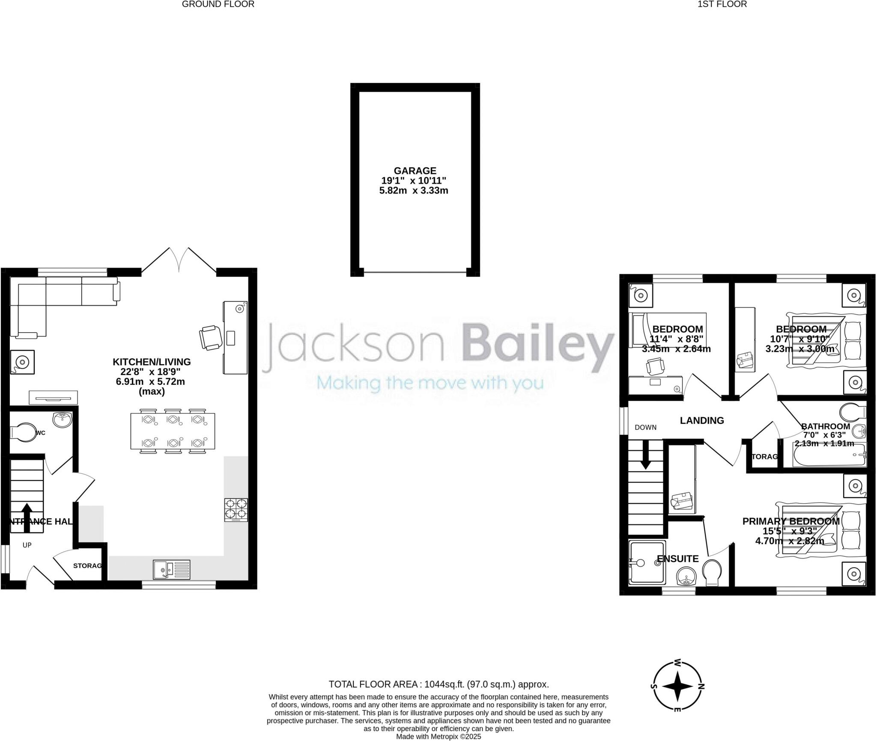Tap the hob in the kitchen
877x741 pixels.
tap(236, 509)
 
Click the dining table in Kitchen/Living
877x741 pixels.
tap(173, 431)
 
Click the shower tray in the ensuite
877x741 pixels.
tap(647, 562)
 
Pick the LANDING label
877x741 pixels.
tap(702, 421)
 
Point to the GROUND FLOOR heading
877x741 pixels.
tap(218, 4)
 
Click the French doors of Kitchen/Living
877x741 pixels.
tap(179, 259)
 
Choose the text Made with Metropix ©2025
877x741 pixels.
tap(438, 737)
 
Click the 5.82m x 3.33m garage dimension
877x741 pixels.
tap(414, 191)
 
